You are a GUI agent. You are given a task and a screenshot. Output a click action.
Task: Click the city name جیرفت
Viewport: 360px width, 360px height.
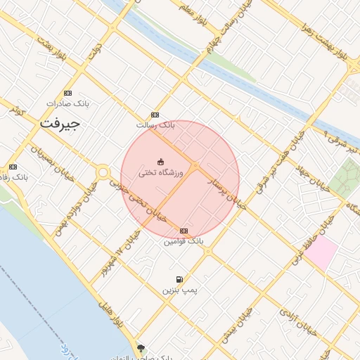tap(60, 124)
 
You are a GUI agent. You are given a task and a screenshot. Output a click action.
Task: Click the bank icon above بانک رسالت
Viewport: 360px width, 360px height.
tap(155, 115)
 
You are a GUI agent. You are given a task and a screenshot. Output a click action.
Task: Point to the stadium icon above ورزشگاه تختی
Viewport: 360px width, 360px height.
tap(160, 162)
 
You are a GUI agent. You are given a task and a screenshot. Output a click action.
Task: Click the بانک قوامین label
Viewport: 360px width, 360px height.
tap(184, 241)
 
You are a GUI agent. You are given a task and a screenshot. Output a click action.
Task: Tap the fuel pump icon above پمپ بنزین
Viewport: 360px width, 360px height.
tap(180, 279)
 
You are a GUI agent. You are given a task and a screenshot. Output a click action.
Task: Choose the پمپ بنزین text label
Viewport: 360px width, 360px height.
tap(181, 290)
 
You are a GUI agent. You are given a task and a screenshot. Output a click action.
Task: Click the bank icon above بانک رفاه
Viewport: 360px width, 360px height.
tap(13, 167)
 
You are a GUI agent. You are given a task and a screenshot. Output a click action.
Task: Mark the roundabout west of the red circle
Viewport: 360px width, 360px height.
tap(103, 172)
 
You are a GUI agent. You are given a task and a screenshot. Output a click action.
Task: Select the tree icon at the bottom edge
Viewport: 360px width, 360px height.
tap(141, 348)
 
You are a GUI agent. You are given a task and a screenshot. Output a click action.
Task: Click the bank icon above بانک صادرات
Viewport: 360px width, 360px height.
tap(67, 93)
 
